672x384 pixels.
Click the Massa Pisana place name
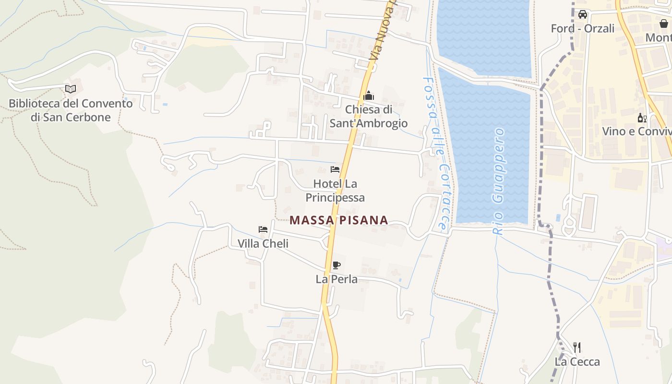click(x=339, y=220)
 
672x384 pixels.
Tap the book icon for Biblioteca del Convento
click(x=71, y=89)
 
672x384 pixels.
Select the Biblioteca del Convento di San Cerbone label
click(x=71, y=110)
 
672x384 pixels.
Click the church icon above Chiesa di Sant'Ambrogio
click(x=369, y=96)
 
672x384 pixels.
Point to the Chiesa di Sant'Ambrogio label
click(x=369, y=117)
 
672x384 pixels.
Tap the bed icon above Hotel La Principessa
click(x=335, y=169)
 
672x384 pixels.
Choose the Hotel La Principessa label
click(x=335, y=191)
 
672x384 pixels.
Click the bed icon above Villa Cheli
click(x=263, y=229)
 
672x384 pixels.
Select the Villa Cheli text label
click(x=263, y=244)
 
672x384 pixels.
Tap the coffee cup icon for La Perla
click(x=336, y=265)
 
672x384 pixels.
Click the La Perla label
click(x=336, y=279)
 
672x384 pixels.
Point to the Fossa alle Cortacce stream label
click(x=437, y=154)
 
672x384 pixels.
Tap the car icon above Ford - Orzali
click(x=583, y=14)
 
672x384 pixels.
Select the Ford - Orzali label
click(x=583, y=29)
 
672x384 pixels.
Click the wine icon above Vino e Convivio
click(x=642, y=118)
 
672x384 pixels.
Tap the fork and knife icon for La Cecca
click(x=577, y=348)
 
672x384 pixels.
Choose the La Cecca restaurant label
click(x=577, y=362)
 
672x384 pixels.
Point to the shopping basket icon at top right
click(x=664, y=24)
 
